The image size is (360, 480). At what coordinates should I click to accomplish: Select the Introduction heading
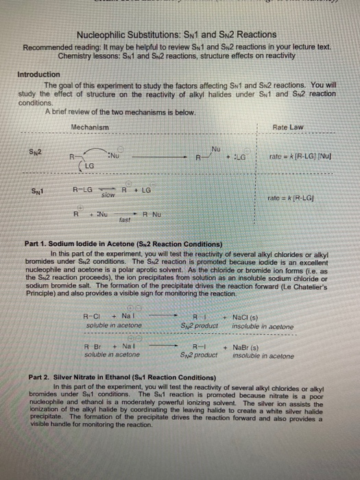tap(37, 75)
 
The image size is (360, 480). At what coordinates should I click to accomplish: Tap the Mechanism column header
tap(90, 128)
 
